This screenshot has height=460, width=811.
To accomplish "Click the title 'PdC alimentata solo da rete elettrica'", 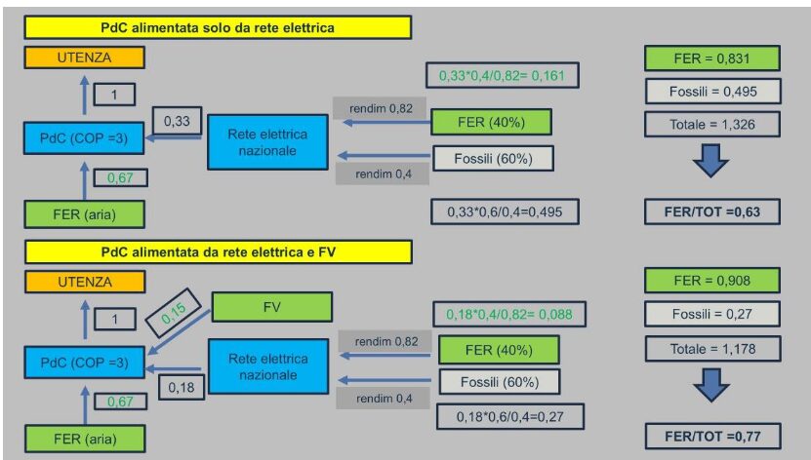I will pos(218,27).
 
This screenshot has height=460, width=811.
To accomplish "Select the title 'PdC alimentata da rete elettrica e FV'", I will pos(218,252).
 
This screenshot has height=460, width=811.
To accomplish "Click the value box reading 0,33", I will pos(176,122).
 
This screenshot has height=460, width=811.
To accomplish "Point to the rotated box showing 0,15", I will pos(173,311).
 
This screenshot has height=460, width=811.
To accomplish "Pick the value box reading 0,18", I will pos(180,387).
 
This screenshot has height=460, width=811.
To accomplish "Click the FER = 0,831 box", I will pos(712,58).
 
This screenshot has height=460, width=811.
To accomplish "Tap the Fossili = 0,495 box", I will pos(712,92).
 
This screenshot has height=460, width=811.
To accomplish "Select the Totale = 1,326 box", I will pos(712,124).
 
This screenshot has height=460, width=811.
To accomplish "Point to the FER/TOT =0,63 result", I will pos(712,211).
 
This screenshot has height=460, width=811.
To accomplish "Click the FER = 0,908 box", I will pos(712,281).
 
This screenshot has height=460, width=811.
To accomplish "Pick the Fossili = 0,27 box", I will pos(712,315).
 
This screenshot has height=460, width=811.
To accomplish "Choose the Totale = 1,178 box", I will pos(712,348).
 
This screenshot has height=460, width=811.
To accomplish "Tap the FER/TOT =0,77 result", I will pos(712,436).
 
